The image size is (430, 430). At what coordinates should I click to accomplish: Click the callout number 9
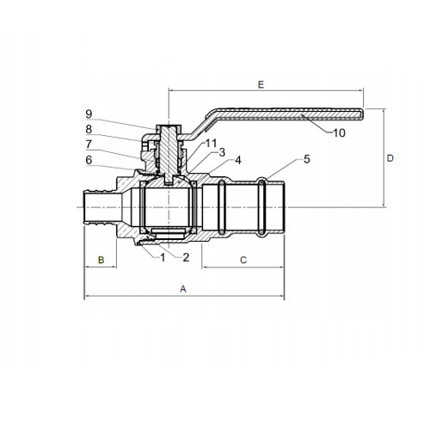[89, 114]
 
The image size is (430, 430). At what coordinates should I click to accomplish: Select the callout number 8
[89, 129]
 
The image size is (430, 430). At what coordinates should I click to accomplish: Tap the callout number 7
[89, 144]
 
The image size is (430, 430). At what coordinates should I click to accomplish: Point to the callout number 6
[89, 160]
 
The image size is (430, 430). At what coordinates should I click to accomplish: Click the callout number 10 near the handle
[339, 133]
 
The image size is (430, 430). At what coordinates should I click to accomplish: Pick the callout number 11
[211, 143]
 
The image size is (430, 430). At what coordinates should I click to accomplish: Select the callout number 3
[222, 152]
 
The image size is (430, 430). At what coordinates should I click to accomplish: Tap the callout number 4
[238, 160]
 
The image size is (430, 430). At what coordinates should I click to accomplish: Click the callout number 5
[307, 159]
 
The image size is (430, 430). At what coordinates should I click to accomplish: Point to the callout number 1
[163, 258]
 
